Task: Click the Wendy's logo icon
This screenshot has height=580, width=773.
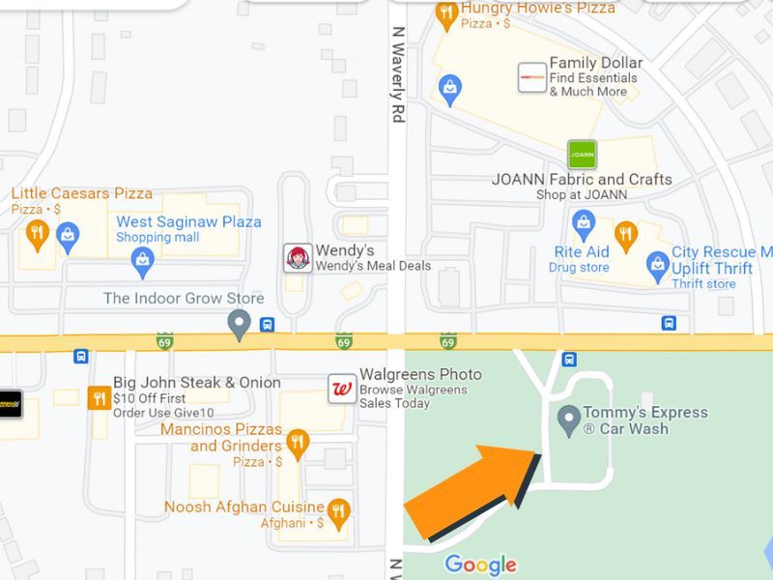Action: tap(298, 258)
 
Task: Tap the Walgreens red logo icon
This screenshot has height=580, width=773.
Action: tap(341, 389)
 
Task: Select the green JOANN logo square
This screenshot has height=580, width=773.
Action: tap(582, 154)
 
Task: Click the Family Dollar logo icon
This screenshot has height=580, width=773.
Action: tap(532, 77)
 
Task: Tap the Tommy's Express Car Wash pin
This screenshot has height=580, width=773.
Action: tap(569, 420)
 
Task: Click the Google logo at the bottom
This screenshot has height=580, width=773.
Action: tap(480, 565)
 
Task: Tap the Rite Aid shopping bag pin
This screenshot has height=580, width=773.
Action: tap(584, 226)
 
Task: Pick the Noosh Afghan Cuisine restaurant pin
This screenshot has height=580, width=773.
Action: tap(338, 512)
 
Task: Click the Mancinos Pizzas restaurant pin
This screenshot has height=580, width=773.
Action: tap(299, 444)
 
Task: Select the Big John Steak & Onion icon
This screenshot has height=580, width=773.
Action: tap(99, 397)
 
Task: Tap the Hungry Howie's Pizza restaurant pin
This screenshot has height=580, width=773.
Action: tap(445, 14)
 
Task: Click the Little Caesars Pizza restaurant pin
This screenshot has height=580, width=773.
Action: tap(37, 233)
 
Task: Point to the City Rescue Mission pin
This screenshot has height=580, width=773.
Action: tap(658, 263)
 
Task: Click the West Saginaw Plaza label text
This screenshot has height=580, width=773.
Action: tap(188, 221)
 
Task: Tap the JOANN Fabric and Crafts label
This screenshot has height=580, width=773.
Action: tap(582, 180)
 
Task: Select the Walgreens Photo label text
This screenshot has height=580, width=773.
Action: tap(420, 374)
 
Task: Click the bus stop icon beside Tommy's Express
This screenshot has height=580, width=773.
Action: tap(569, 360)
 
